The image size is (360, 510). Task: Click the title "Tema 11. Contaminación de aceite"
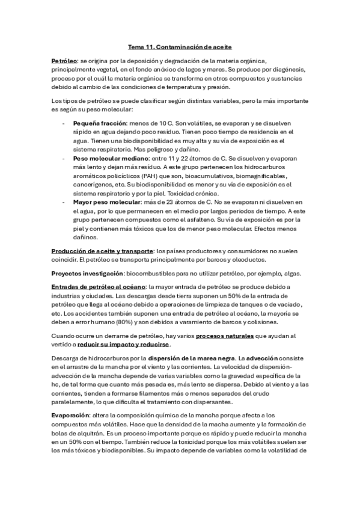click(180, 46)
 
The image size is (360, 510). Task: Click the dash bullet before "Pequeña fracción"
click(64, 123)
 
